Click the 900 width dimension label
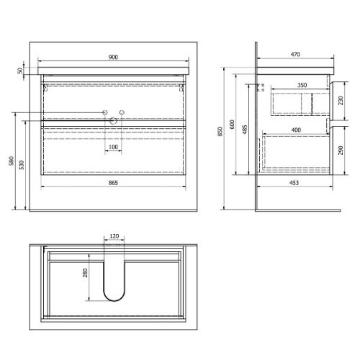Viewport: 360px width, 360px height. point(113,57)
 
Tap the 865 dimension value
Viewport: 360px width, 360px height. point(113,183)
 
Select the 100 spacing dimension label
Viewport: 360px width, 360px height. point(113,147)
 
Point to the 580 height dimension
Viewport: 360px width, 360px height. point(12,161)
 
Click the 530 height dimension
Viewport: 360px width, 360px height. point(22,165)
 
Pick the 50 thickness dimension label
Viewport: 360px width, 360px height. point(20,71)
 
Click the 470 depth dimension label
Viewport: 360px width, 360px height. point(295,55)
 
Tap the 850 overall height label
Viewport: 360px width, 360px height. point(220,132)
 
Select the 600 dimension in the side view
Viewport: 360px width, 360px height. point(232,125)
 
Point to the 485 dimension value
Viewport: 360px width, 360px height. point(245,130)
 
